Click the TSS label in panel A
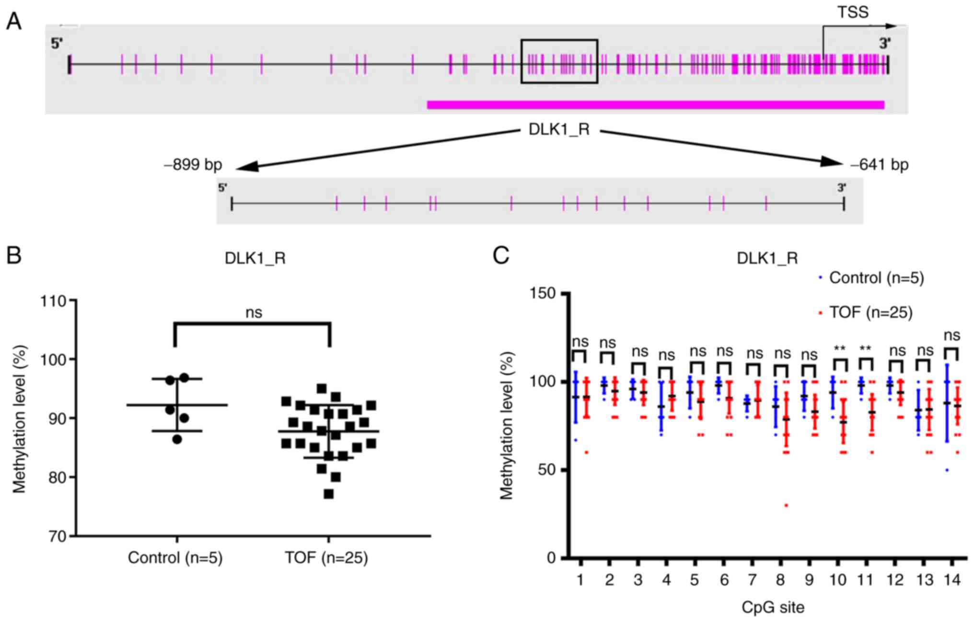(x=852, y=12)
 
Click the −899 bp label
(x=193, y=165)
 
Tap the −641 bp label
(x=879, y=165)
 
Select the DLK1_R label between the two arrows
(x=559, y=130)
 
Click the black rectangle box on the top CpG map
(x=559, y=41)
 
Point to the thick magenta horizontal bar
(x=655, y=105)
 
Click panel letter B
(x=14, y=256)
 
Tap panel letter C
(x=501, y=256)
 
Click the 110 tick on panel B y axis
(x=54, y=301)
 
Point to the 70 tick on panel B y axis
(x=57, y=536)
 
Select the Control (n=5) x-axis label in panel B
(x=175, y=558)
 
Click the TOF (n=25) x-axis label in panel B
(x=326, y=558)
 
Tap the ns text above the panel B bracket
(x=254, y=313)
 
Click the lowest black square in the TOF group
(x=329, y=494)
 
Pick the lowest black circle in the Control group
(x=177, y=439)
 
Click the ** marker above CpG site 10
(x=839, y=348)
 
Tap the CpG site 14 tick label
(x=952, y=580)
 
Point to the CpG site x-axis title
(x=773, y=608)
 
